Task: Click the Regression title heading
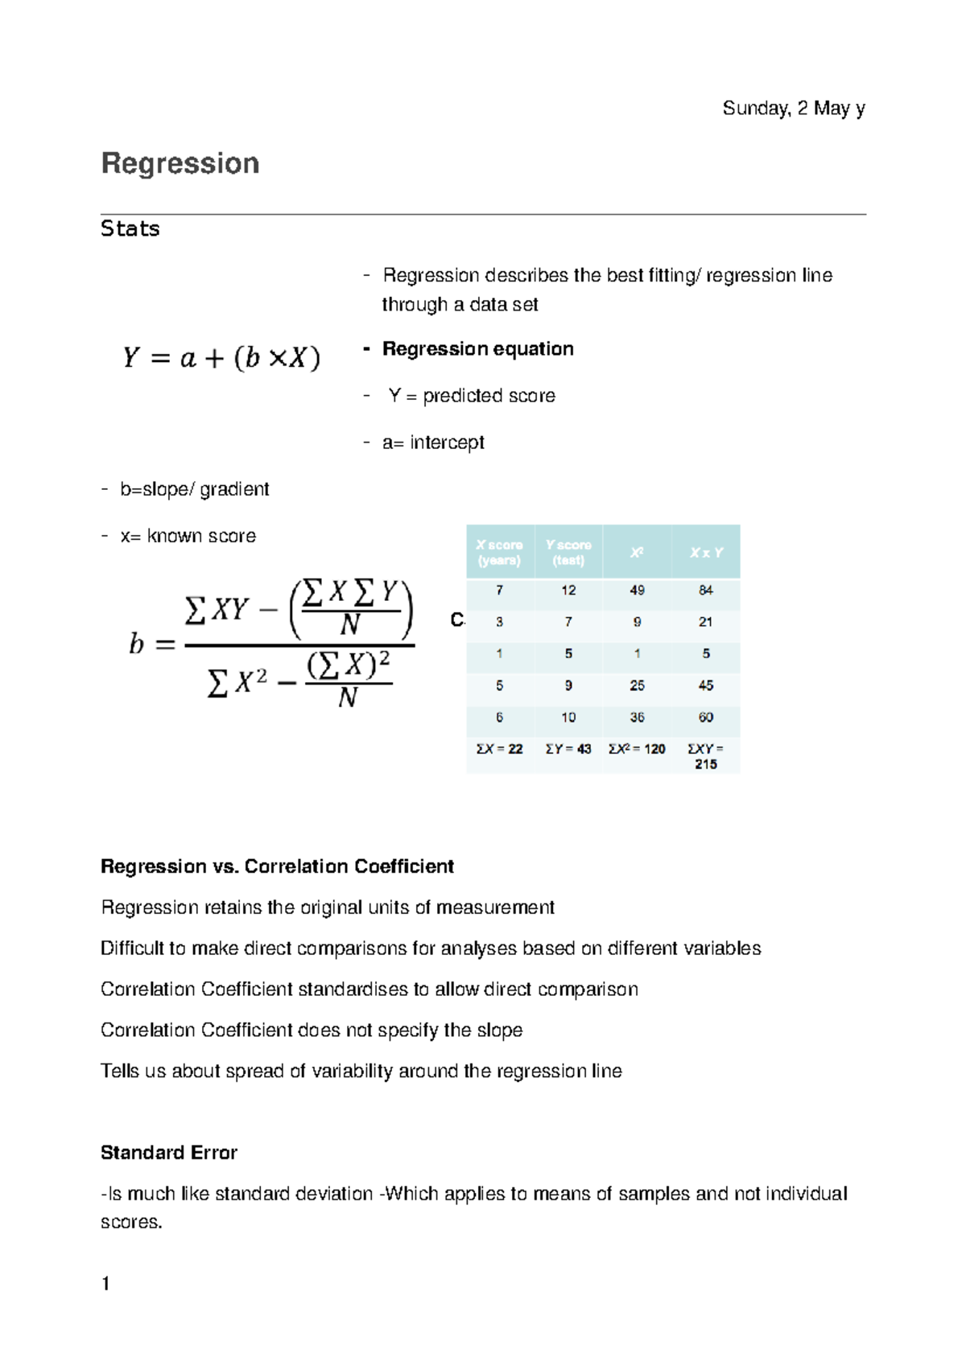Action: point(180,163)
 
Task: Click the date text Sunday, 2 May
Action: point(793,109)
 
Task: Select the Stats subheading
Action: point(130,229)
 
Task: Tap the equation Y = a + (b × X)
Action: point(221,357)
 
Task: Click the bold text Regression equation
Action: point(477,349)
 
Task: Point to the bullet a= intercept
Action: point(433,442)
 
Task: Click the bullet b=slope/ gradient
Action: point(194,489)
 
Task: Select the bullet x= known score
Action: point(188,536)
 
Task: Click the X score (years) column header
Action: point(499,553)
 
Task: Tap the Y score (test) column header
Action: point(568,553)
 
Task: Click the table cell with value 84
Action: point(706,590)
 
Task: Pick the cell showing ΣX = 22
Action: point(499,749)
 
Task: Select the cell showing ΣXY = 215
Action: point(706,756)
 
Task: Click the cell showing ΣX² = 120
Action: point(637,749)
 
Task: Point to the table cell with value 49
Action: point(637,590)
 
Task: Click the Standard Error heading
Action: point(169,1153)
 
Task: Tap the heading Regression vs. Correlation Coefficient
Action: point(277,866)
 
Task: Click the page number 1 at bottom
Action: point(105,1284)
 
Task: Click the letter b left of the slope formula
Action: point(137,644)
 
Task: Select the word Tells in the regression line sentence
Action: point(120,1072)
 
